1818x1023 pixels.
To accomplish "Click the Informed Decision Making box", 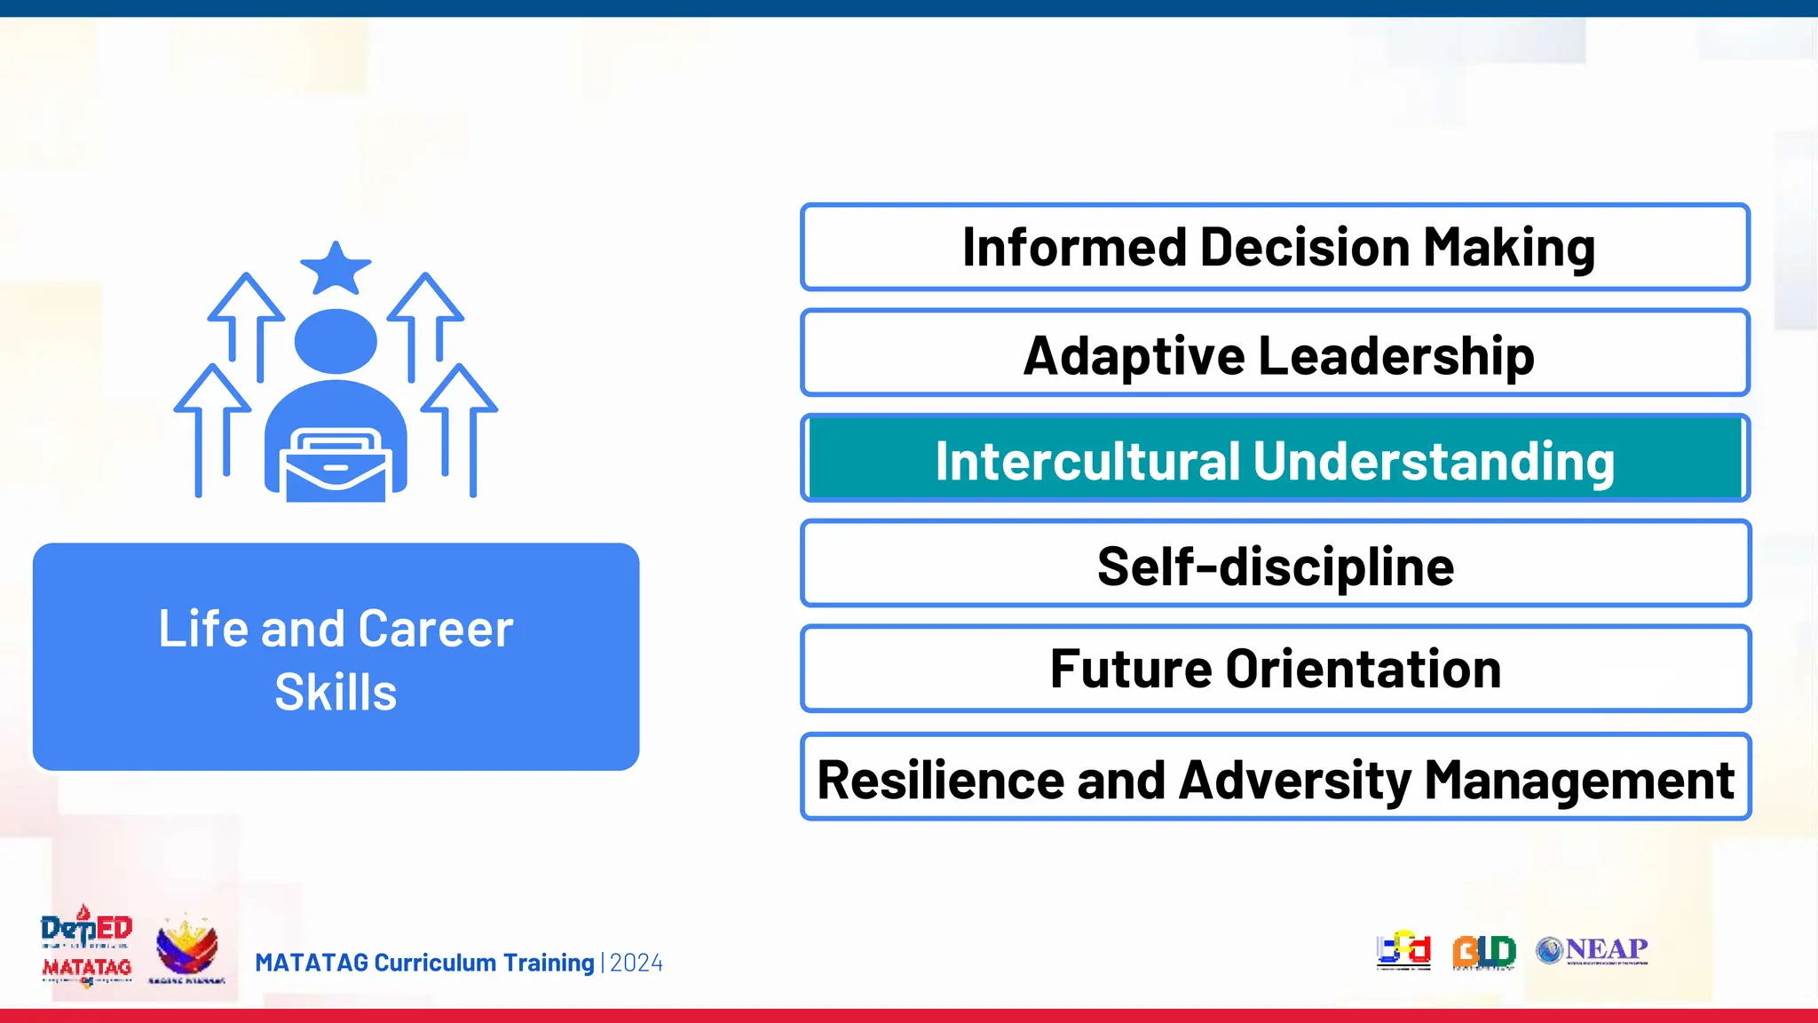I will (1275, 247).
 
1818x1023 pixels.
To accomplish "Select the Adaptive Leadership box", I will (1275, 353).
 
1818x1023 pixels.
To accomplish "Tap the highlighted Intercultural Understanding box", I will (1275, 460).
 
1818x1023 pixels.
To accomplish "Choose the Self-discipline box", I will (1275, 565).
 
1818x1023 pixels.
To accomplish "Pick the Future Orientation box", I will (1275, 670).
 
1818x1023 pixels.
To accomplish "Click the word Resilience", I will (939, 780).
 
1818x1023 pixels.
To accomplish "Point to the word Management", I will (1579, 780).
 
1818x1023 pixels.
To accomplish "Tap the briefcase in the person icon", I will (336, 465).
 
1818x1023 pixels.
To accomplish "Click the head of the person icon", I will (336, 341).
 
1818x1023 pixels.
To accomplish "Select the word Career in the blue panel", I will (436, 629).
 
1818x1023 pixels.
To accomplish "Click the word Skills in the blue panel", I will (336, 693).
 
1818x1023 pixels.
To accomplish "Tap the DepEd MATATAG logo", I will (86, 947).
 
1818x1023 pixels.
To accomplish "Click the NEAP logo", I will (1592, 950).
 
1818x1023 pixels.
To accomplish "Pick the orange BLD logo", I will (1483, 952).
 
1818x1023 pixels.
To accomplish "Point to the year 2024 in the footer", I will (636, 964).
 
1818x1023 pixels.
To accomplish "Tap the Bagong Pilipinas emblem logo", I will (186, 948).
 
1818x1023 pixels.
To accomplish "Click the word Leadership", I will (1395, 355).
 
